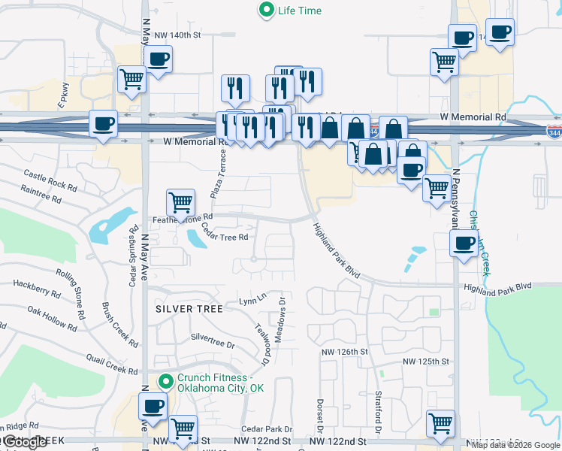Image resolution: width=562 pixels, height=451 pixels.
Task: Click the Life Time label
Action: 301,11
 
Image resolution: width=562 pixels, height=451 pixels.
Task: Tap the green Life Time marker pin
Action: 266,11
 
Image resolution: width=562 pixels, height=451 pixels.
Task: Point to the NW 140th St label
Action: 178,35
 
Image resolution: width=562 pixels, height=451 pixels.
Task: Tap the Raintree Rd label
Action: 41,195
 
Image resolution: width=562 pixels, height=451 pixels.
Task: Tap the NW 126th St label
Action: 343,351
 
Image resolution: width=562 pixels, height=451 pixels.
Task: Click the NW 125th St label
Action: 426,362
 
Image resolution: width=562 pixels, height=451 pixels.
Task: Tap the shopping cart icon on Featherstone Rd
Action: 180,202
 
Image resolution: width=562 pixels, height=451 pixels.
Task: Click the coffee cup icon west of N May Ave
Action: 103,123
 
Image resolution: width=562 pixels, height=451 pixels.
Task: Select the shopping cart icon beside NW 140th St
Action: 132,78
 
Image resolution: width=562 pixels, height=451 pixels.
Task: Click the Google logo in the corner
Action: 23,443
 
